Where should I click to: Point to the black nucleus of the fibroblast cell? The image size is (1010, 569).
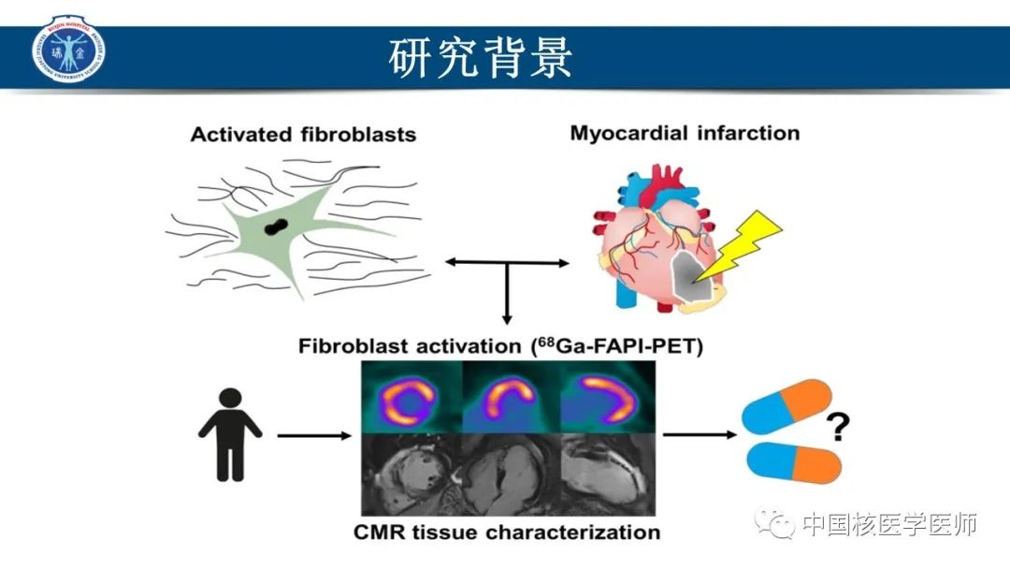[276, 226]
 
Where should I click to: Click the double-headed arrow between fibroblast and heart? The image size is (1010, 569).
[506, 264]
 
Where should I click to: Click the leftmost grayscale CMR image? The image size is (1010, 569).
[410, 474]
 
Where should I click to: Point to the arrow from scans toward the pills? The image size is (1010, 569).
[698, 435]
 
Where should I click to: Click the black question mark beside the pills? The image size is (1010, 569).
[839, 428]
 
